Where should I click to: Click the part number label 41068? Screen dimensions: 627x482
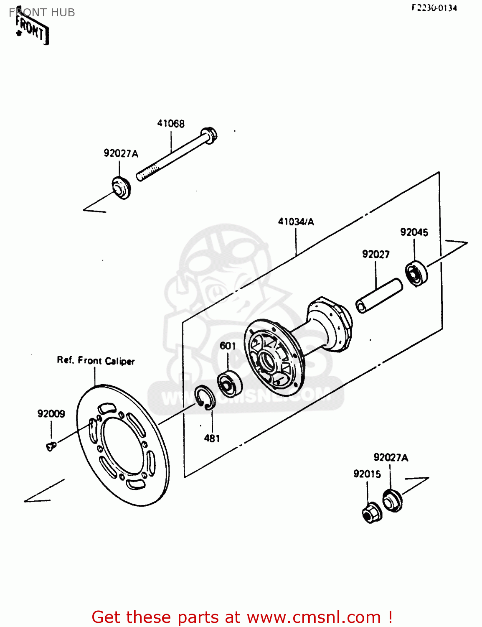pos(171,123)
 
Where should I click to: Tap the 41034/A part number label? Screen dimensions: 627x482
pos(296,222)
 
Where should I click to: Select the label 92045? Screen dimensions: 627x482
pos(414,232)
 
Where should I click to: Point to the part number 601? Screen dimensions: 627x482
pos(228,346)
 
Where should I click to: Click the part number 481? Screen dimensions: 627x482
pos(212,438)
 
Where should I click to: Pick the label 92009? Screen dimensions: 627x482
pos(51,413)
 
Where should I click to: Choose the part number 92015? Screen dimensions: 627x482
pos(367,474)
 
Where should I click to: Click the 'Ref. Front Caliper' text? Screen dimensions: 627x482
pos(96,360)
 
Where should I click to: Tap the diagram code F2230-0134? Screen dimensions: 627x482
pos(434,8)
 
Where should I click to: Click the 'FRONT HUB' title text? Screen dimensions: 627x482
pos(42,13)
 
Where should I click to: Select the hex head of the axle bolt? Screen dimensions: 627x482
pos(209,135)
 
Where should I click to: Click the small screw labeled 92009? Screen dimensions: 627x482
pos(51,446)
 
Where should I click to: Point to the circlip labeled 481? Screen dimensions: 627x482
pos(205,397)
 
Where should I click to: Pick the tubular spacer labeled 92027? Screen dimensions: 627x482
pos(379,296)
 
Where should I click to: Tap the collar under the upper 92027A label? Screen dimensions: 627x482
pos(121,188)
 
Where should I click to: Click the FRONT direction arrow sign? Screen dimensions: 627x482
pos(32,29)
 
